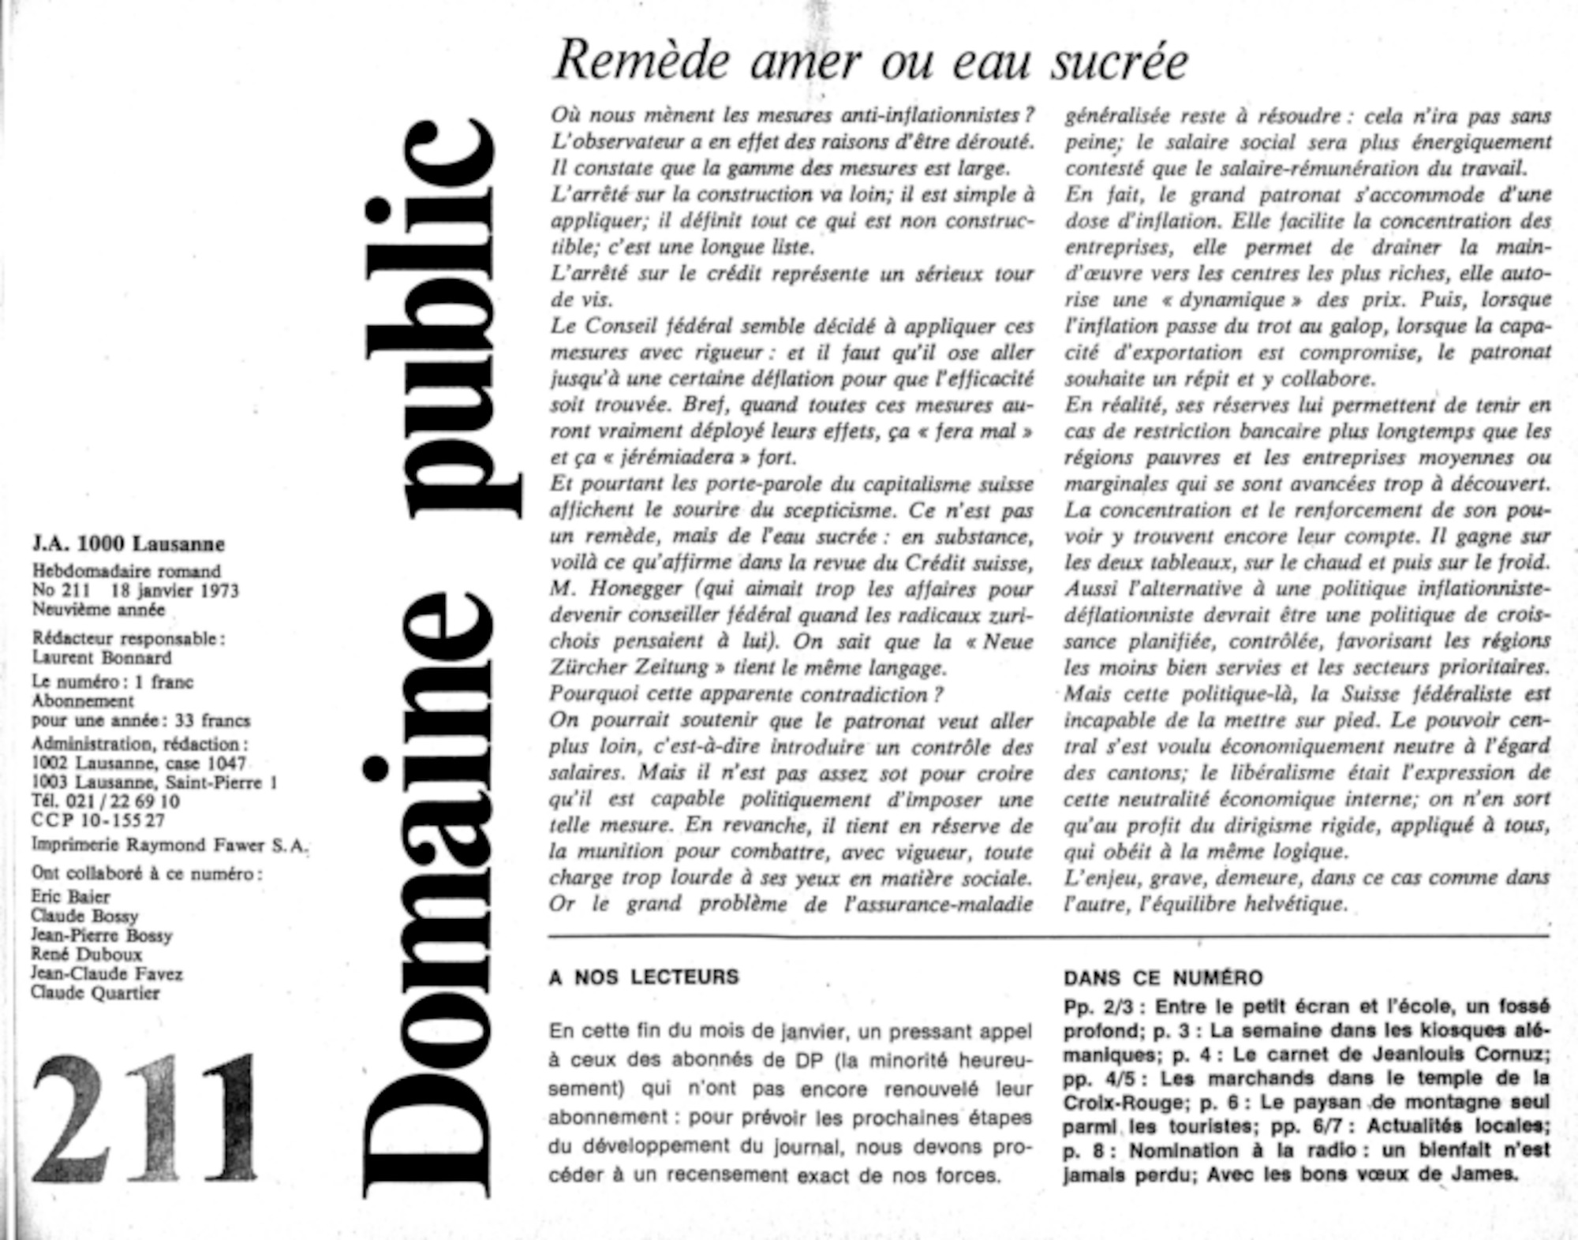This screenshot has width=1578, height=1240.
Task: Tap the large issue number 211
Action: pos(145,1117)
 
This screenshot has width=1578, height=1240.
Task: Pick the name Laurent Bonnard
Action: pos(102,658)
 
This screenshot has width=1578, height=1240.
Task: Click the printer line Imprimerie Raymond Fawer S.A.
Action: pos(170,845)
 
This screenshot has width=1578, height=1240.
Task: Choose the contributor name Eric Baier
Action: pos(70,897)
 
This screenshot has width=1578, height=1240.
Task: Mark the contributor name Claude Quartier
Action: pos(95,993)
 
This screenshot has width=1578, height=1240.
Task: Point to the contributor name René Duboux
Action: pos(86,954)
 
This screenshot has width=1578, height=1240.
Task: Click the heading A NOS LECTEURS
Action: pos(644,977)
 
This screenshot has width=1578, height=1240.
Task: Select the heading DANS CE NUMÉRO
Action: pos(1163,978)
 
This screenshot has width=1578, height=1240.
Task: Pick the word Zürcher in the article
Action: pos(589,668)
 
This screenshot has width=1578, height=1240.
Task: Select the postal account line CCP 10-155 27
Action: pos(98,821)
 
